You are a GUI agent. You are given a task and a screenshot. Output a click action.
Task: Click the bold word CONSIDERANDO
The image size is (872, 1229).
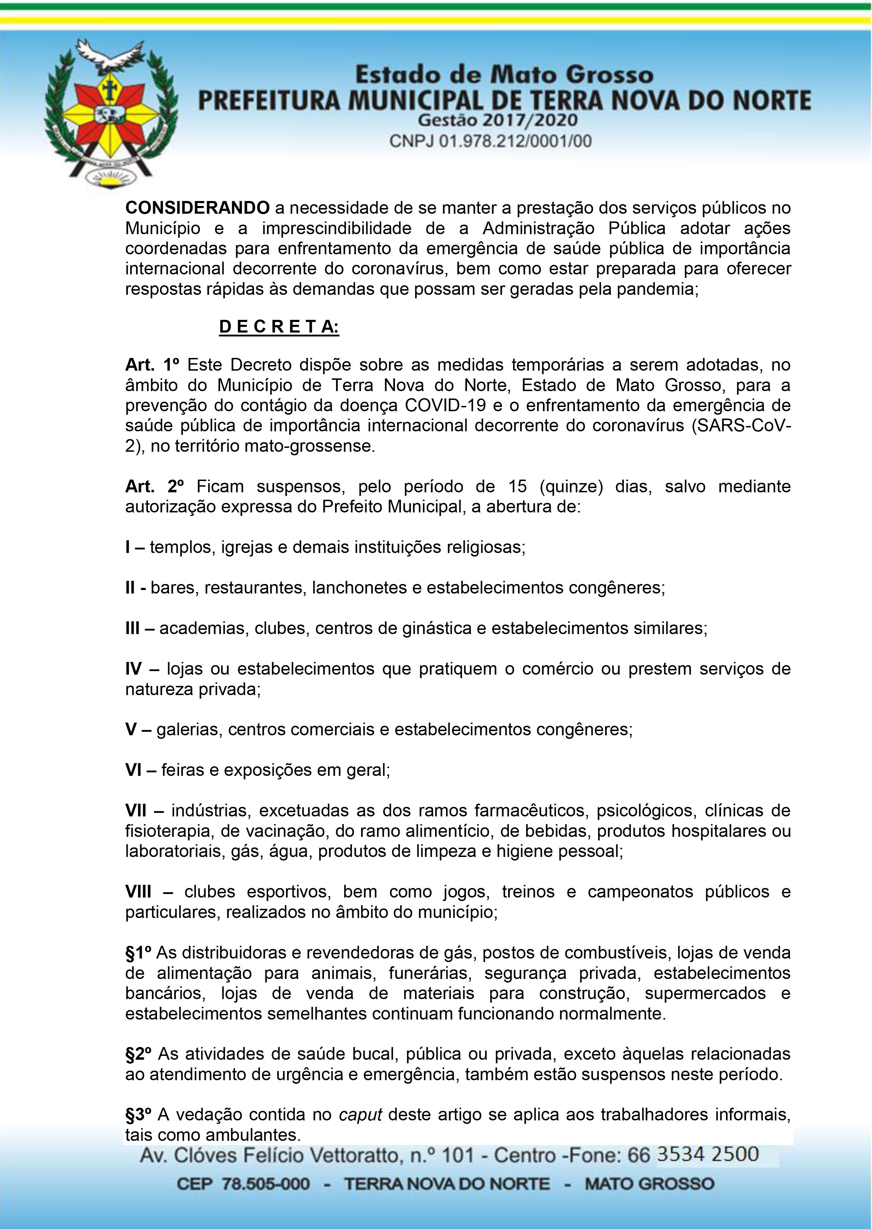tap(197, 208)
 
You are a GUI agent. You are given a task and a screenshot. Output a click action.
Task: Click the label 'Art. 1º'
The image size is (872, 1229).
tap(152, 365)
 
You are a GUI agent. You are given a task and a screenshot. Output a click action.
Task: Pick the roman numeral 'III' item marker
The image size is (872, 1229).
tap(133, 628)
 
